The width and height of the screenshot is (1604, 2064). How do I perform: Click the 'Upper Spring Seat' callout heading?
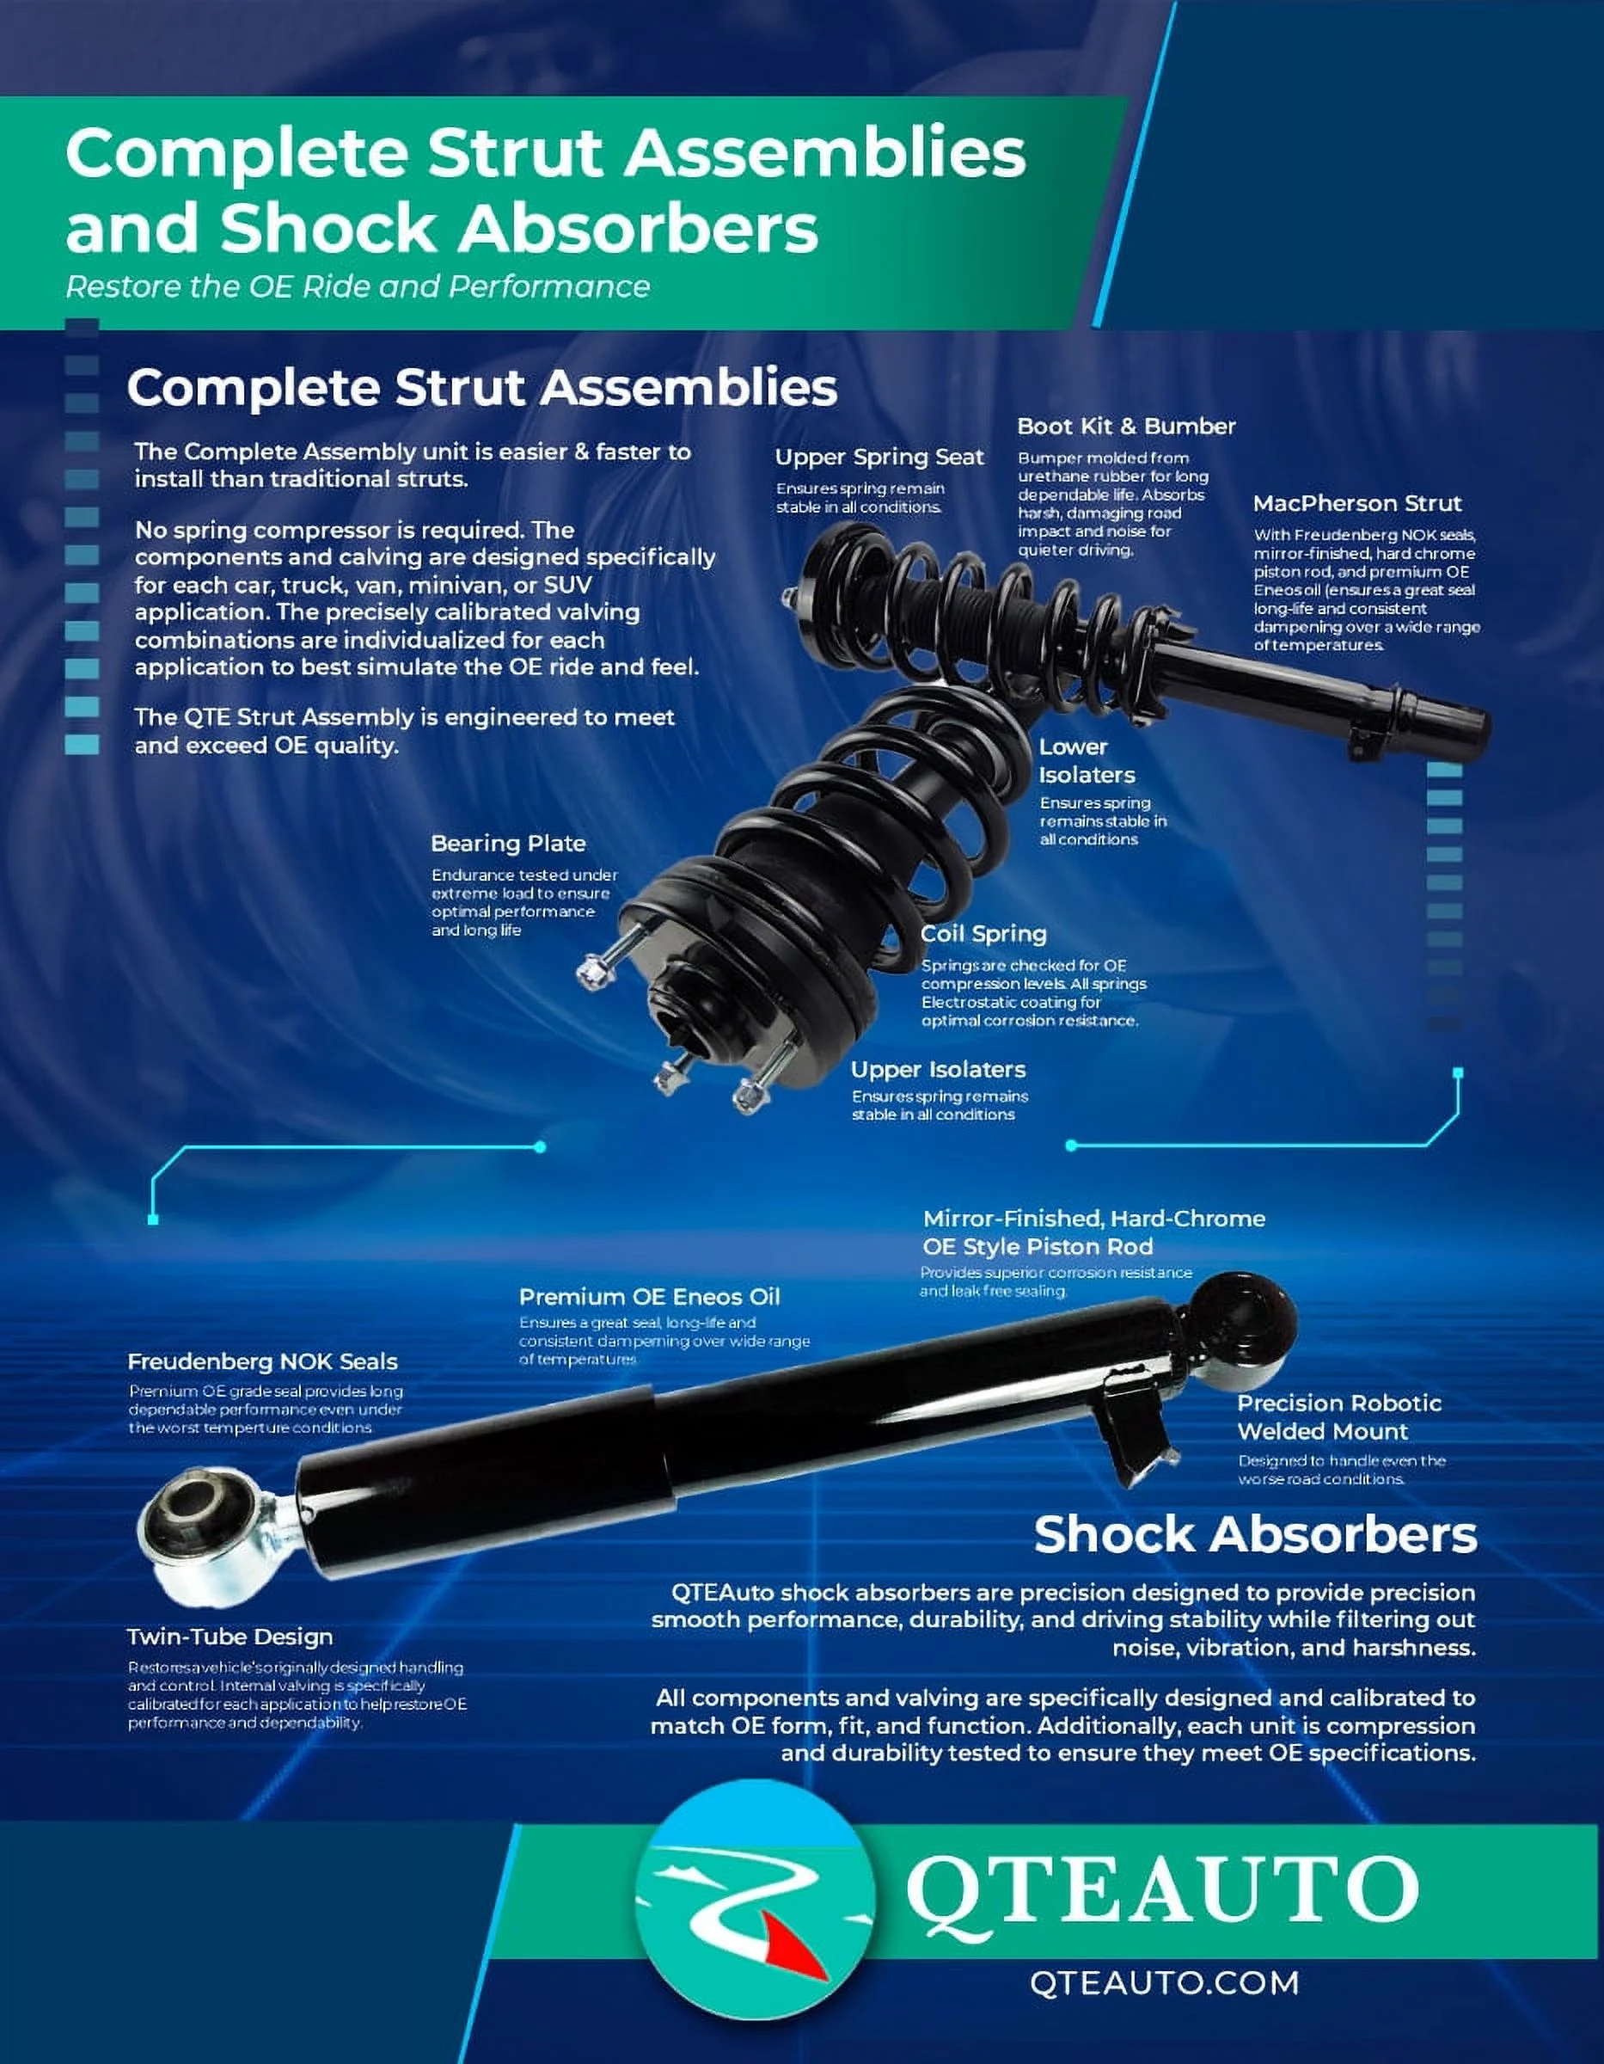(879, 458)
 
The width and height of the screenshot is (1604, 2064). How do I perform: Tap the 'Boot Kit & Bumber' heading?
(1126, 427)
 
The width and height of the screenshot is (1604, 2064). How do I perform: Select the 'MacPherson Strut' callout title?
(1356, 504)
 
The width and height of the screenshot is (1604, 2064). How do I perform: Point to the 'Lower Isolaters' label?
(1087, 761)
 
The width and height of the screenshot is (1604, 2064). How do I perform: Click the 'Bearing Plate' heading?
(508, 844)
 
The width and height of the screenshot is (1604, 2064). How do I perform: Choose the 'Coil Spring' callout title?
(983, 934)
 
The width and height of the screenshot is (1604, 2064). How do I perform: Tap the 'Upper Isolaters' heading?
(938, 1070)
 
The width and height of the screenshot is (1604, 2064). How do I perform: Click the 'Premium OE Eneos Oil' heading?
(650, 1297)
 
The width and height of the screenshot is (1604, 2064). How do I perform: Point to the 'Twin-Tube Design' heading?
(230, 1637)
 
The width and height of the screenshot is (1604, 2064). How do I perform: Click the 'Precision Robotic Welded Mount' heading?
(1338, 1416)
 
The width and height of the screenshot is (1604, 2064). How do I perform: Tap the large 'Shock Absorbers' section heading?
(1254, 1535)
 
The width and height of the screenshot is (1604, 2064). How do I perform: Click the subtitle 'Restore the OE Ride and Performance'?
(357, 287)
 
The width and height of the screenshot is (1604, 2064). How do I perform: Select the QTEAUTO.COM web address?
(1164, 1982)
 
